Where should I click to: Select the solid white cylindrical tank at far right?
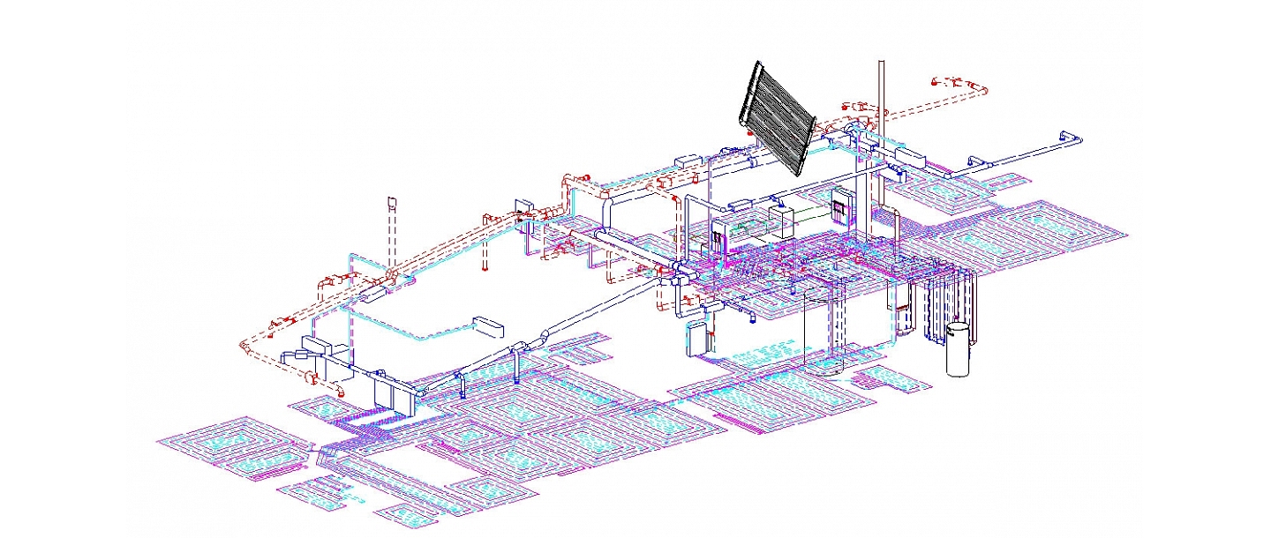coord(958,349)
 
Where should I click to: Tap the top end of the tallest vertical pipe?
coord(879,64)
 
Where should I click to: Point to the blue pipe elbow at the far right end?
coord(1072,138)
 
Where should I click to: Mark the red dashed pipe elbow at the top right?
coord(979,88)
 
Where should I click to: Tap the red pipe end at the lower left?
coord(312,379)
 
